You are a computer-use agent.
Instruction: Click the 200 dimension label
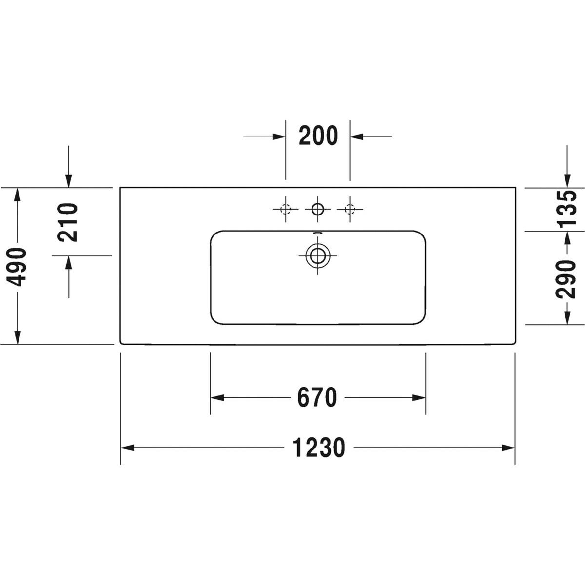(318, 136)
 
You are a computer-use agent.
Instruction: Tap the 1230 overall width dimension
(319, 448)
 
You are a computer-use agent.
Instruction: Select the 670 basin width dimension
(317, 398)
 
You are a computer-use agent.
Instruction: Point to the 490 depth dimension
(17, 267)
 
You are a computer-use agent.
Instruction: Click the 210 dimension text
(68, 222)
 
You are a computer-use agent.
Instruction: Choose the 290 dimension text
(565, 279)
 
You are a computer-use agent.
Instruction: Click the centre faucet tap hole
(317, 209)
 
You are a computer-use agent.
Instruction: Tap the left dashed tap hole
(285, 209)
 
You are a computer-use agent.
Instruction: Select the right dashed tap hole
(350, 209)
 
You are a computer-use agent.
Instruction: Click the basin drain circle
(317, 255)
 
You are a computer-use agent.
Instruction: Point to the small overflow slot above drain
(318, 233)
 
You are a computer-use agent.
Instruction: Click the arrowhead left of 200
(279, 136)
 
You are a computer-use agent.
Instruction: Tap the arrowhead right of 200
(356, 136)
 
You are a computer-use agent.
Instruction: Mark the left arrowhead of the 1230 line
(128, 448)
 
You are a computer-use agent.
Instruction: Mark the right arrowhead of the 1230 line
(508, 448)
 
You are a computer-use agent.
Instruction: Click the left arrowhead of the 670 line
(217, 398)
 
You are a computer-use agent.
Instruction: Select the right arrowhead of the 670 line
(419, 398)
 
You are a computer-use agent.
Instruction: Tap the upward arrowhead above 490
(18, 195)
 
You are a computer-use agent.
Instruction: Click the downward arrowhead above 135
(567, 181)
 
